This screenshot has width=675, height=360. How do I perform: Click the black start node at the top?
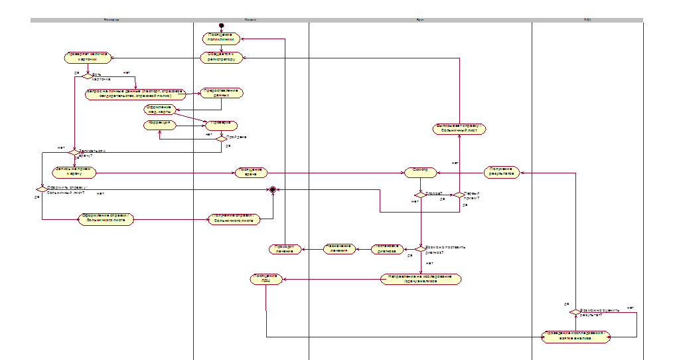point(221,26)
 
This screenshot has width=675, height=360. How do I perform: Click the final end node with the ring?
point(271,189)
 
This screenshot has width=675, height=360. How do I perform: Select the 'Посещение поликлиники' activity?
point(221,39)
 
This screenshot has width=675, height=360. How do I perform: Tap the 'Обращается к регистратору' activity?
point(220,58)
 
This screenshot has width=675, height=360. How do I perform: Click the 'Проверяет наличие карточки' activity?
point(87,58)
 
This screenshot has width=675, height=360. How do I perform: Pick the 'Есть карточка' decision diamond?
point(87,76)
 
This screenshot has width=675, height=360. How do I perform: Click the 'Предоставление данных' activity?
point(221,93)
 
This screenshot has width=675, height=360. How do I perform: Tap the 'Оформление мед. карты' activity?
point(159,109)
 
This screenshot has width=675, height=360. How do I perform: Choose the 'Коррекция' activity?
point(159,124)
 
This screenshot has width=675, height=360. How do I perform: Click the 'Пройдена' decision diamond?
point(221,138)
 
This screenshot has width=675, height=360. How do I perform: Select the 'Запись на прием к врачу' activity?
point(74,172)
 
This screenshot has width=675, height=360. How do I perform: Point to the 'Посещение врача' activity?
point(250,172)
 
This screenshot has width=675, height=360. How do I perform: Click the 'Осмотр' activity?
point(420,172)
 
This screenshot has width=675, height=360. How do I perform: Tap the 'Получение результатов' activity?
point(501,172)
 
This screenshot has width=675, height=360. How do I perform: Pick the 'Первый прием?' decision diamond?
point(458,195)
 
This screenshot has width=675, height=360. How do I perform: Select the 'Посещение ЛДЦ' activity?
point(266,279)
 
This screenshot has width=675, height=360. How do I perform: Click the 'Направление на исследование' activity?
point(420,279)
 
